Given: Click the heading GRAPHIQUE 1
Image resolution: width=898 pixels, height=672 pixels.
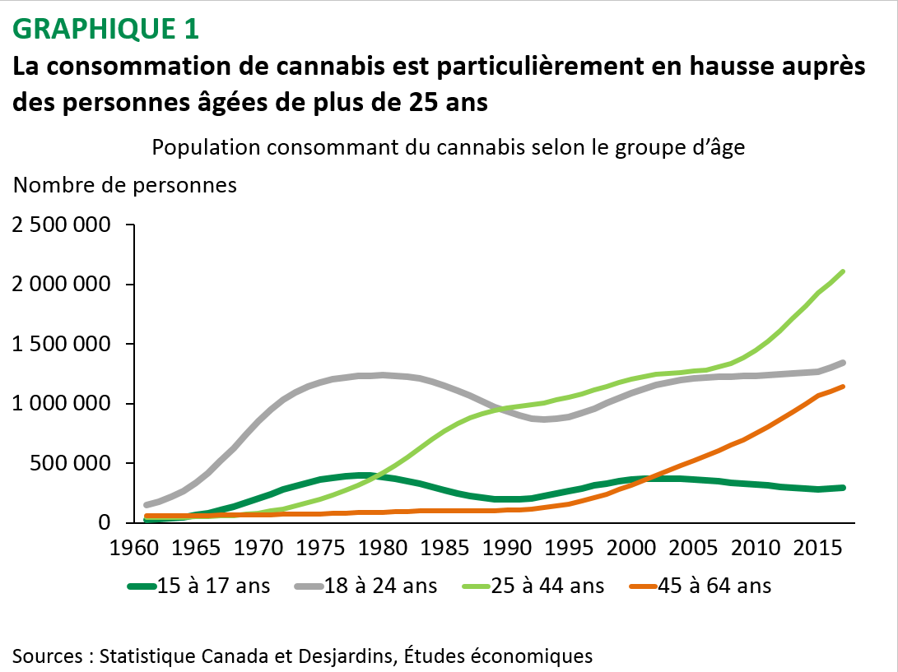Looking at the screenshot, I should (x=106, y=29).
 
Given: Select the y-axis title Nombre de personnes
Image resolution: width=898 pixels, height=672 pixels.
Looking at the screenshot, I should (x=125, y=185).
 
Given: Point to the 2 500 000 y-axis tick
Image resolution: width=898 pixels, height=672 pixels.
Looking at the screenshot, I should (x=62, y=225).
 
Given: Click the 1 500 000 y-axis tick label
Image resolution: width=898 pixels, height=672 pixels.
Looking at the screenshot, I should (x=62, y=345).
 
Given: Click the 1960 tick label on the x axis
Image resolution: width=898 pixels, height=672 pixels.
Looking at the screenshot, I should (x=135, y=546).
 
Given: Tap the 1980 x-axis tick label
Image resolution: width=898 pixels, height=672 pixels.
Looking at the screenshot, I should (x=383, y=546).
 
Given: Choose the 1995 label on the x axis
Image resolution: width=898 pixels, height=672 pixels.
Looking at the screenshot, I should (x=568, y=546).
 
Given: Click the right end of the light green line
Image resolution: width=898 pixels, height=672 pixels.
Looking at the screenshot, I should (x=844, y=271).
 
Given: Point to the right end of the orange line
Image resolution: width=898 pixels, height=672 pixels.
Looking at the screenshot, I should (x=844, y=387).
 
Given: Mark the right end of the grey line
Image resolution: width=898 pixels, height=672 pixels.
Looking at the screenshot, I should (x=844, y=362).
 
